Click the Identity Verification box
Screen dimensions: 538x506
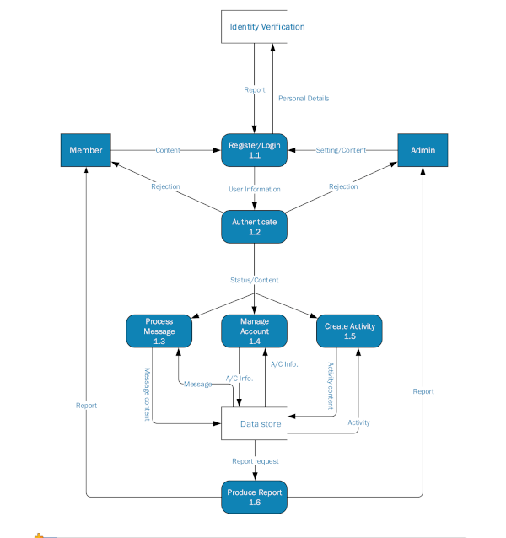pyautogui.click(x=267, y=27)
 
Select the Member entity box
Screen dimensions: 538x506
pyautogui.click(x=86, y=150)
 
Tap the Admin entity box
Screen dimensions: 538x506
pyautogui.click(x=423, y=150)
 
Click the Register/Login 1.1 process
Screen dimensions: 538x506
pyautogui.click(x=255, y=150)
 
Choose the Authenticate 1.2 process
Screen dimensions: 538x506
pyautogui.click(x=255, y=226)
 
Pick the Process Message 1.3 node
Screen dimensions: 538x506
pyautogui.click(x=159, y=331)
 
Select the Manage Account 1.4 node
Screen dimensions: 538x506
pyautogui.click(x=255, y=331)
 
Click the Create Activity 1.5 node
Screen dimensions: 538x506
pyautogui.click(x=350, y=331)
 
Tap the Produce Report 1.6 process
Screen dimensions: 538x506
pyautogui.click(x=255, y=497)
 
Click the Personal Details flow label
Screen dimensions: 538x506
pyautogui.click(x=304, y=99)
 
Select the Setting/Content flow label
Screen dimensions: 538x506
pyautogui.click(x=342, y=150)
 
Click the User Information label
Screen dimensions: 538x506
pyautogui.click(x=255, y=189)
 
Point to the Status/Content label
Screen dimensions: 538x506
pyautogui.click(x=255, y=280)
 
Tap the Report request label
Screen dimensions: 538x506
pyautogui.click(x=255, y=461)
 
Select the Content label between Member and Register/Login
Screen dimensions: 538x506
pyautogui.click(x=169, y=150)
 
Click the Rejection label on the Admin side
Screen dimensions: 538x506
pyautogui.click(x=343, y=186)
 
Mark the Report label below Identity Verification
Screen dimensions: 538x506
pyautogui.click(x=255, y=89)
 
